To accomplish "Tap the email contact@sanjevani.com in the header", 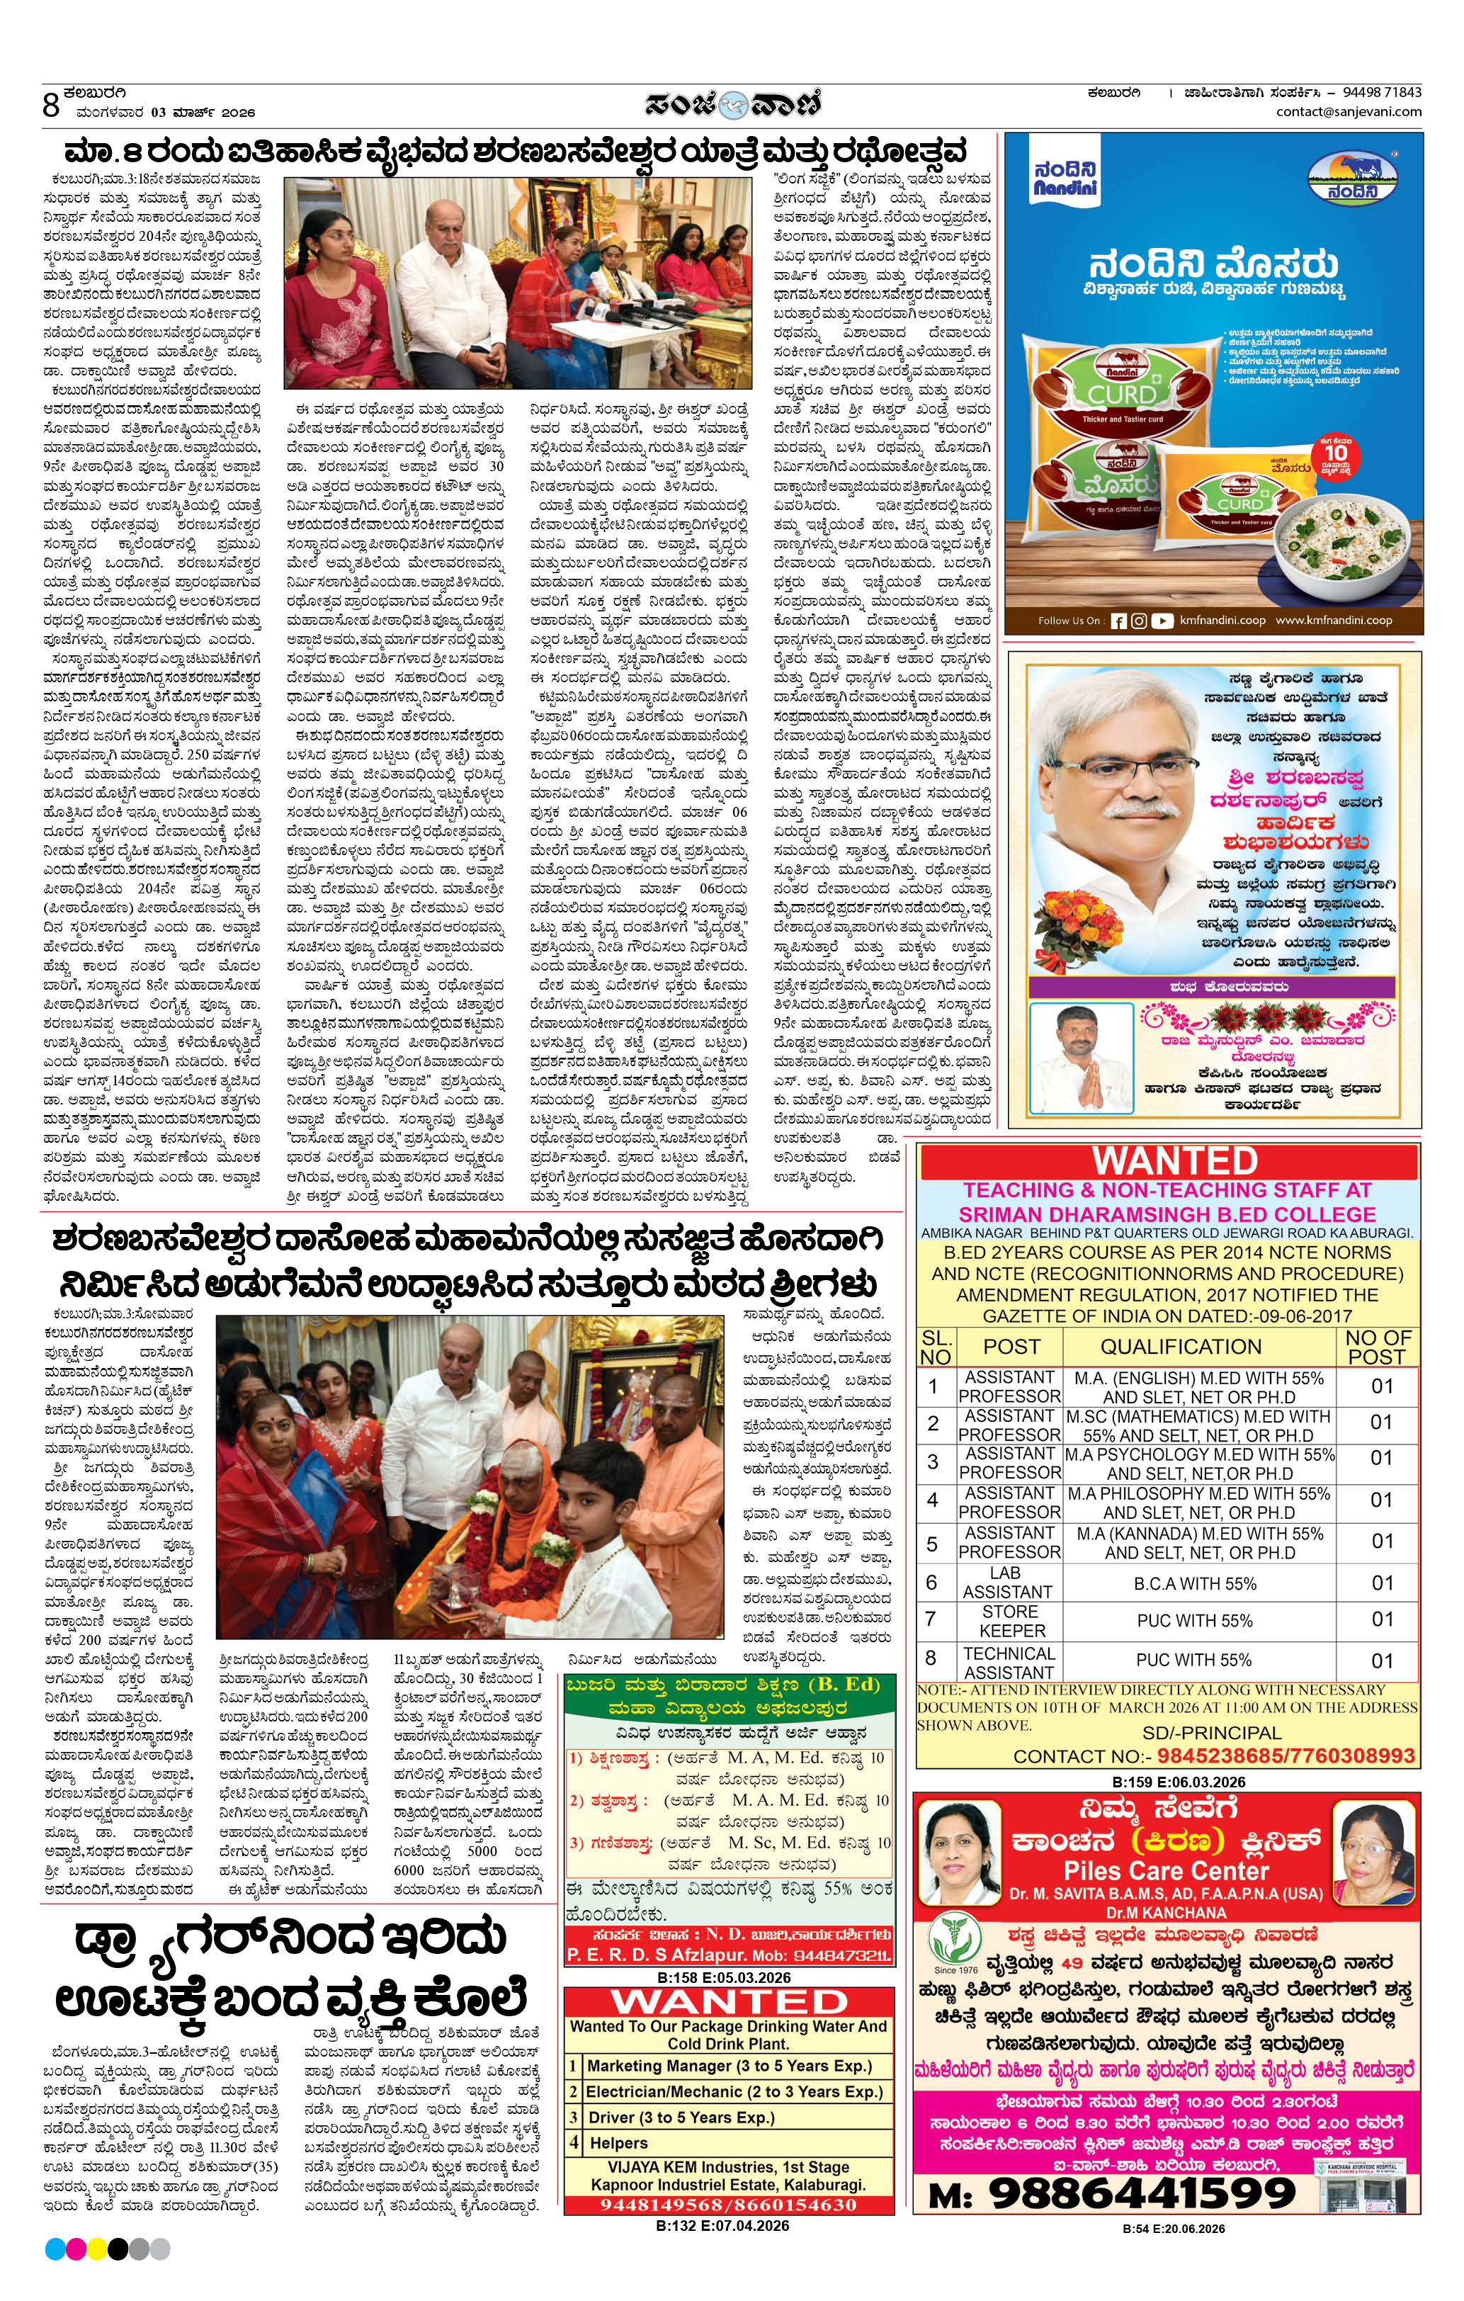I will (x=1349, y=112).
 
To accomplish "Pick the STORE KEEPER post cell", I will (x=1011, y=1621).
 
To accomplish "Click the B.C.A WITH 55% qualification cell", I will (x=1195, y=1583).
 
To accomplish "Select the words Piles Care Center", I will (x=1166, y=1870).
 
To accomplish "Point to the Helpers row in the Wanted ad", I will (x=618, y=2143).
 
